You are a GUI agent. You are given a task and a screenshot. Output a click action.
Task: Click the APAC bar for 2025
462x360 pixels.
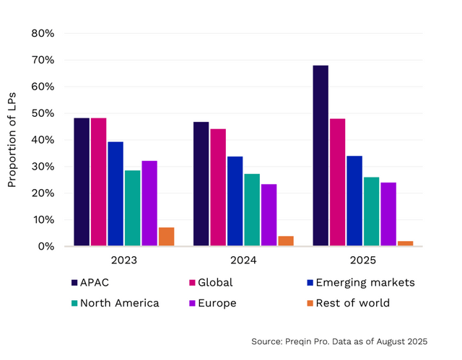(321, 156)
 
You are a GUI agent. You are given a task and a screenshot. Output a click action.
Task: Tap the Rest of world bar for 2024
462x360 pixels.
(286, 241)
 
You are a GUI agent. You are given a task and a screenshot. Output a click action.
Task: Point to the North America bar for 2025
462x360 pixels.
(371, 211)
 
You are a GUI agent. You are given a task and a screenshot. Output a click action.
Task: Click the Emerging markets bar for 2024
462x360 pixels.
(235, 201)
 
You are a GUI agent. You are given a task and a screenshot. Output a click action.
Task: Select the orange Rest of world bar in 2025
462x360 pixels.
(406, 244)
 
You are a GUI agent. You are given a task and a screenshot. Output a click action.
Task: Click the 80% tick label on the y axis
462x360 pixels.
(43, 33)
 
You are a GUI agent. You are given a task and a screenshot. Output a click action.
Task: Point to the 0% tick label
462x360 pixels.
(45, 247)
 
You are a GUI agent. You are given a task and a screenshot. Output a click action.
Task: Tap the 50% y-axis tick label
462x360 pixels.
(43, 113)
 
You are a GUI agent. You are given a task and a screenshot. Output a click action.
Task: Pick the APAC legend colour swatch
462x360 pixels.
(74, 283)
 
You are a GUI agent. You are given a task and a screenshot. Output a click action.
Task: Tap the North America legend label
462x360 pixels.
(119, 303)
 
